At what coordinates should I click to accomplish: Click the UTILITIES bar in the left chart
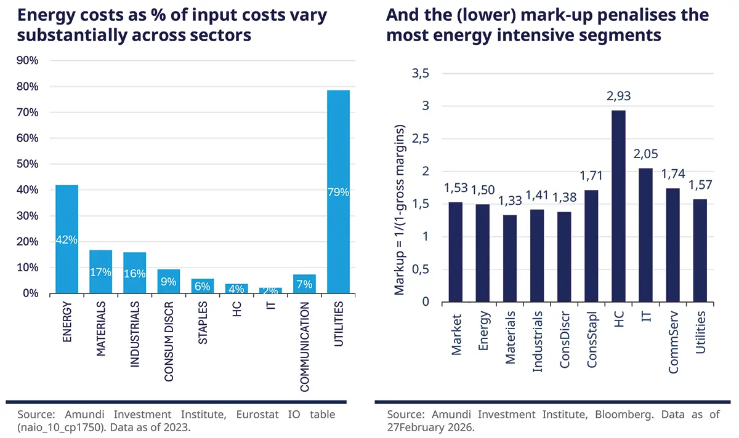337,191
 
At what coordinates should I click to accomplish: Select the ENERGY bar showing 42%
67,239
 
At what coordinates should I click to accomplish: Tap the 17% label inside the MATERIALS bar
100,271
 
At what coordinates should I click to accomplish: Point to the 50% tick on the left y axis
26,164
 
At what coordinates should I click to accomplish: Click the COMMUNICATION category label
304,347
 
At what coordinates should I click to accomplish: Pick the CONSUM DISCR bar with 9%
168,281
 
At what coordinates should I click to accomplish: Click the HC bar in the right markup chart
618,206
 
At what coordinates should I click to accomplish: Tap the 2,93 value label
618,97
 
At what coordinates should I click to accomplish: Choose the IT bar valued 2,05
645,234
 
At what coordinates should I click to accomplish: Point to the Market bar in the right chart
456,252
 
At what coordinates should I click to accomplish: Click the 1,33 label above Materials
510,201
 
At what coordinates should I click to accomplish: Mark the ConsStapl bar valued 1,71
591,245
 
